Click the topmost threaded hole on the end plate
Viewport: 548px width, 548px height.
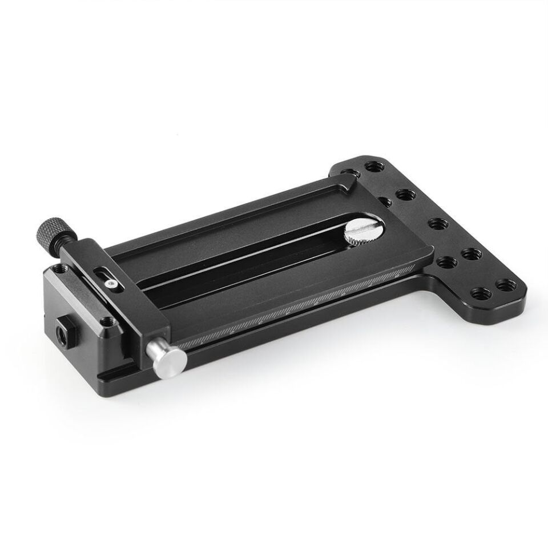pos(374,168)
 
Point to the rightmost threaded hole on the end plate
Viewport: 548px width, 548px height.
pos(506,284)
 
